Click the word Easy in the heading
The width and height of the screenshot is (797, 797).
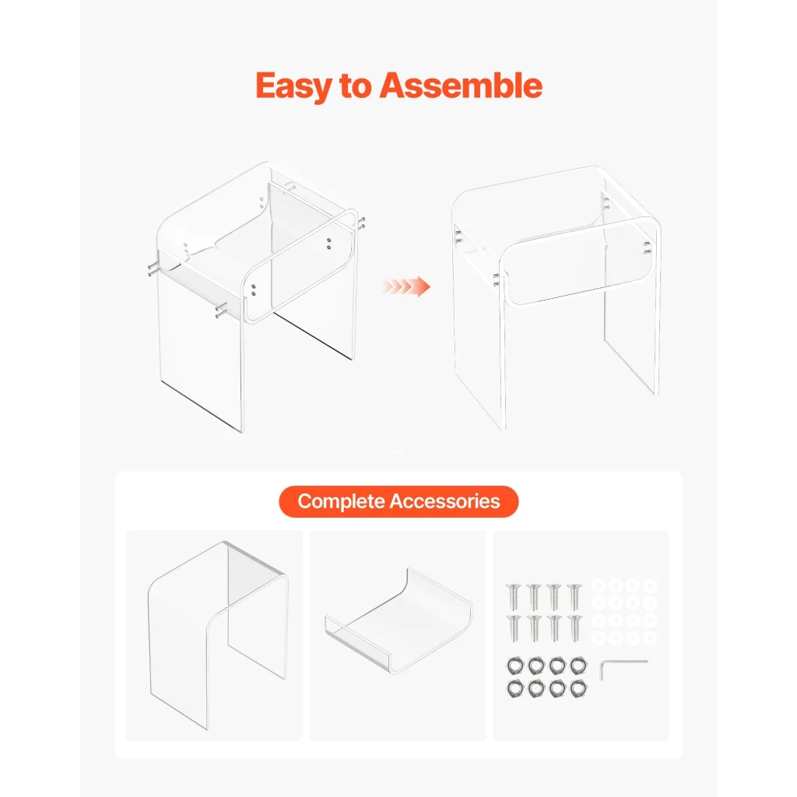click(x=293, y=86)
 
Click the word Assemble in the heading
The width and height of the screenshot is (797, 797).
click(x=461, y=85)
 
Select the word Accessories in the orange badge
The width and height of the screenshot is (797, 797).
click(x=444, y=501)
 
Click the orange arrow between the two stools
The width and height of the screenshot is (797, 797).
click(x=406, y=286)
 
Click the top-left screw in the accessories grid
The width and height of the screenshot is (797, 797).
click(x=514, y=597)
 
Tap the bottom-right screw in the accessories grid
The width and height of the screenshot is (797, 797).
click(x=575, y=628)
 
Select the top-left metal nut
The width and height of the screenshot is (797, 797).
click(x=515, y=665)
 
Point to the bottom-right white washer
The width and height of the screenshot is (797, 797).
click(x=650, y=638)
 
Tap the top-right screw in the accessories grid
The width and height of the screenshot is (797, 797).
click(x=574, y=597)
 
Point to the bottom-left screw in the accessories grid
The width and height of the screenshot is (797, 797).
click(x=514, y=628)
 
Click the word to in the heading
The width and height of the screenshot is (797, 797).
click(x=355, y=86)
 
